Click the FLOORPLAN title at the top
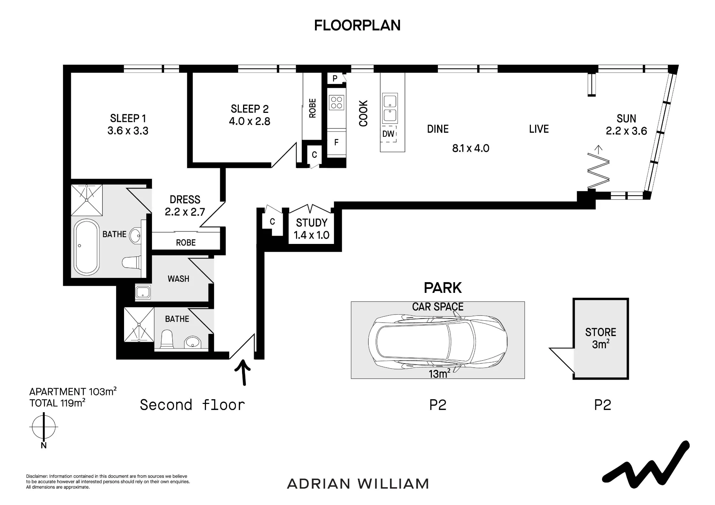pos(357,25)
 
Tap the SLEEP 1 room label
pos(128,118)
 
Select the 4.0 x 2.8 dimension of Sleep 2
pos(250,121)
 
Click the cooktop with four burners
pos(336,102)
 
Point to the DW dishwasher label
pos(388,134)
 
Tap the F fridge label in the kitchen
pos(336,142)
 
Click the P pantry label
pos(335,79)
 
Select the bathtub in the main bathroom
pos(86,247)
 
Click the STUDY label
pos(312,223)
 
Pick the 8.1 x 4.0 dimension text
pos(470,148)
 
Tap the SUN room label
pos(626,119)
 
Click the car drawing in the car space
pos(438,340)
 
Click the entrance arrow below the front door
pos(244,372)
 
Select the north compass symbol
pos(44,427)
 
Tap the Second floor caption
pos(192,405)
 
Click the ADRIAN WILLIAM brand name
pos(358,484)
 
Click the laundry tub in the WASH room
pos(143,291)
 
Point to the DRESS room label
pos(185,200)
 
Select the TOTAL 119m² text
pos(57,403)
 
